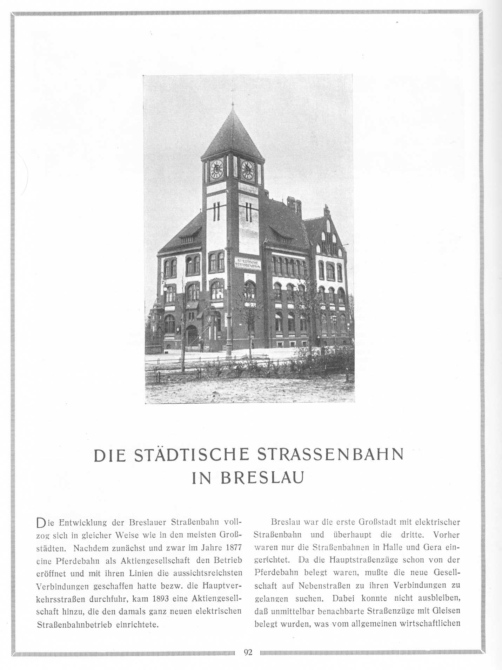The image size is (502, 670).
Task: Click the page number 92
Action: point(248,652)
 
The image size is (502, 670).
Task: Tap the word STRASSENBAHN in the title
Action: point(330,454)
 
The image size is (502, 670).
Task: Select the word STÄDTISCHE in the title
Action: point(192,454)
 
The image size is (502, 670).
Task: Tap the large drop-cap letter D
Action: point(41,524)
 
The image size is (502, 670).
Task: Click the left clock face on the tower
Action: point(216,169)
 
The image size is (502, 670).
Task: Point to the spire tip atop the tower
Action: point(232,104)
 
